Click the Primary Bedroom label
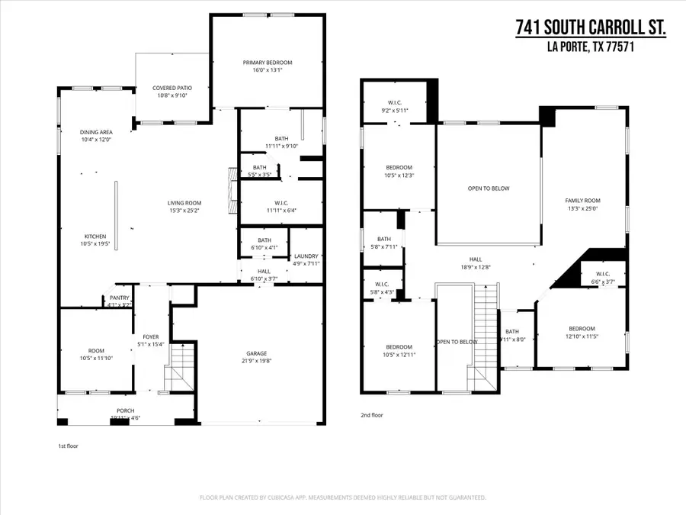coord(268,63)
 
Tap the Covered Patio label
coord(171,88)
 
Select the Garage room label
coord(256,353)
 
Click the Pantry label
coord(120,298)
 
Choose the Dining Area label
coord(96,132)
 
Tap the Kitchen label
coord(95,237)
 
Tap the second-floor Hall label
coord(475,259)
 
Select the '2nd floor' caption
coord(371,416)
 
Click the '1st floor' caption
coord(69,445)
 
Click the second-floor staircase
coord(485,336)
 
